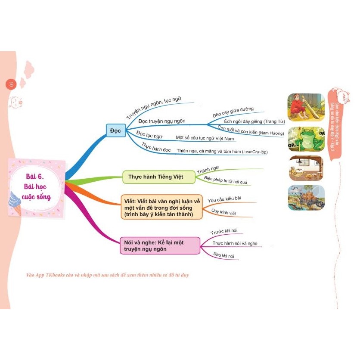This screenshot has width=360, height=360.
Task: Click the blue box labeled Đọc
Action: pos(116,130)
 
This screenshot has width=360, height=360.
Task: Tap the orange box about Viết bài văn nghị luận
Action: pos(161,207)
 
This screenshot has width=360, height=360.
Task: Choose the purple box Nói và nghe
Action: pos(160,246)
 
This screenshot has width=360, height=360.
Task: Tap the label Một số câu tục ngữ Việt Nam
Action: pos(205,139)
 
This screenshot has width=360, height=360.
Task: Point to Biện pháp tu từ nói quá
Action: pos(225,180)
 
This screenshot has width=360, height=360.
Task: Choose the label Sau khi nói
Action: pos(223,255)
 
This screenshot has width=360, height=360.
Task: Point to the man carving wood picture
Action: pos(305,107)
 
